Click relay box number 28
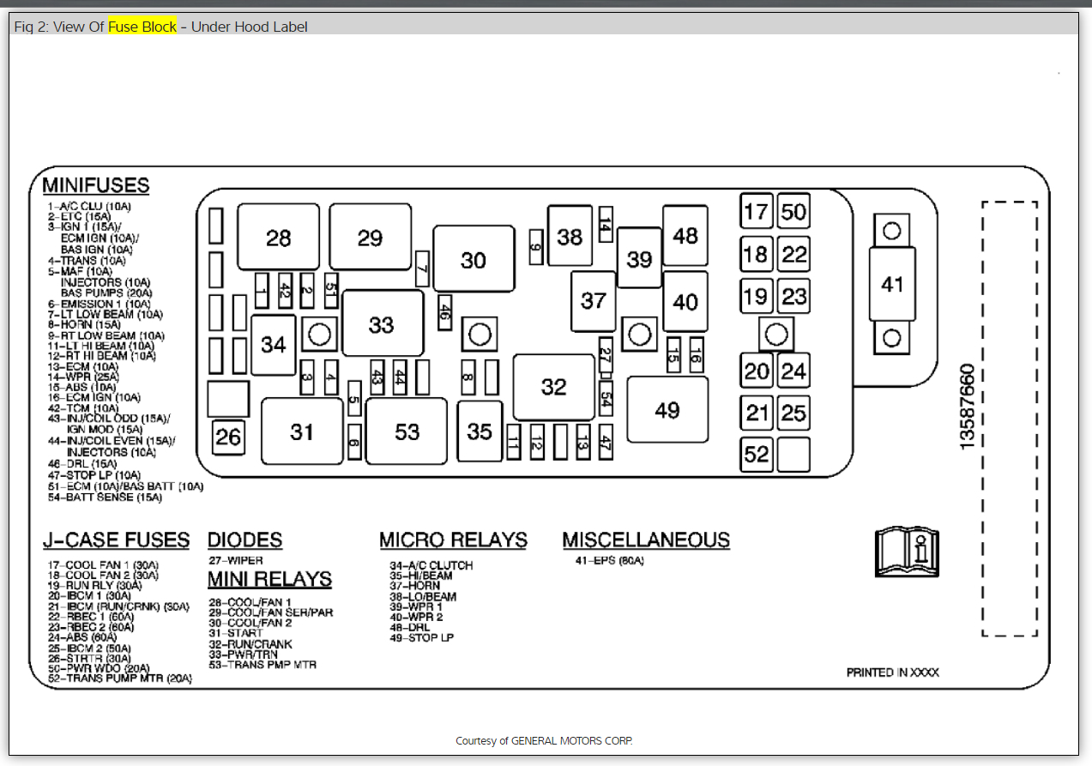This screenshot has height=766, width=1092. pos(278,238)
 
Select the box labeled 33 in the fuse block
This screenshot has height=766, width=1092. pos(382,324)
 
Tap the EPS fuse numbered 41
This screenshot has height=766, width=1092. pos(892,284)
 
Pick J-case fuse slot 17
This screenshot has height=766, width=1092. pos(757,211)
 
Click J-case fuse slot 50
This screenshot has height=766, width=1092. pos(793,211)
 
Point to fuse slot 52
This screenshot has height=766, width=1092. pos(757,454)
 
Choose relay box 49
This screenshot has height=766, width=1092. pos(667,410)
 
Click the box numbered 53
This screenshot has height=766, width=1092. pos(407,431)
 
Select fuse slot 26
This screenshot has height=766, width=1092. pos(228,437)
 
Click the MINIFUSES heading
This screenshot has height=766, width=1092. pos(96,185)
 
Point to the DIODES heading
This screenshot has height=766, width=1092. pos(244,540)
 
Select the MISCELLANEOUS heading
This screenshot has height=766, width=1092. pos(646,540)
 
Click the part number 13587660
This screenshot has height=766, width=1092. pos(967,406)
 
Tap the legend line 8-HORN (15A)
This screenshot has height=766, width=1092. pos(84,325)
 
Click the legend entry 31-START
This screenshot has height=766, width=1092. pos(236,633)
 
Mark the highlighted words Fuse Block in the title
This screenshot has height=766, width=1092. pos(142,27)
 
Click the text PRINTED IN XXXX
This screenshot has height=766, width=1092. pos(892,673)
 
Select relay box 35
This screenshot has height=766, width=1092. pos(480,431)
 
